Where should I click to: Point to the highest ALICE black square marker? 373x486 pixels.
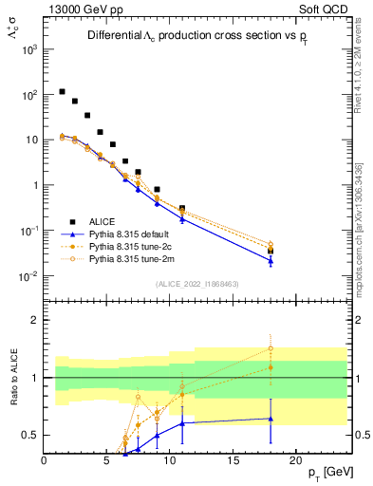click(x=62, y=92)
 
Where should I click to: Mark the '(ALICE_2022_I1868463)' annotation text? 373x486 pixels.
click(x=196, y=284)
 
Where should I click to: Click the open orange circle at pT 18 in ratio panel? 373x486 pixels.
click(x=270, y=347)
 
